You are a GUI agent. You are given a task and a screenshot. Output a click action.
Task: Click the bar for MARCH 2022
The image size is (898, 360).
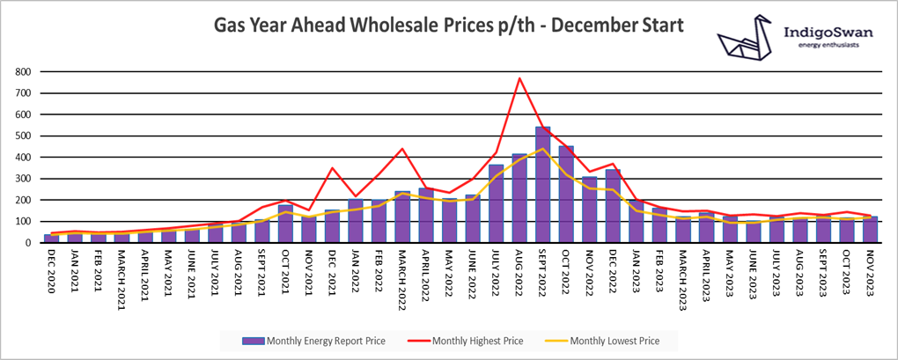tap(402, 217)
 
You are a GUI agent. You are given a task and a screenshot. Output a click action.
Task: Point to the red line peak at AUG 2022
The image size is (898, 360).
tap(519, 78)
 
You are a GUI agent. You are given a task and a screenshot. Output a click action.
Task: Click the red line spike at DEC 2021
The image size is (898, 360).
tap(333, 168)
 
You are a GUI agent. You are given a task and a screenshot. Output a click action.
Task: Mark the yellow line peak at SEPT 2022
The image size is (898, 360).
tap(543, 149)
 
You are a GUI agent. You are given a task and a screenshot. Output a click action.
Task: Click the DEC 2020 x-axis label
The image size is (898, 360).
tap(52, 273)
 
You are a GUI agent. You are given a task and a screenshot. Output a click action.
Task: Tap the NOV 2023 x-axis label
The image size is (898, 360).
tap(871, 273)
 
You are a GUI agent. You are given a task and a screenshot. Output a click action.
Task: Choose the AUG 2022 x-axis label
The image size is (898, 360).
tap(519, 273)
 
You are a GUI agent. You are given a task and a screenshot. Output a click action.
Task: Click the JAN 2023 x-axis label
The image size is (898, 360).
tap(637, 273)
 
